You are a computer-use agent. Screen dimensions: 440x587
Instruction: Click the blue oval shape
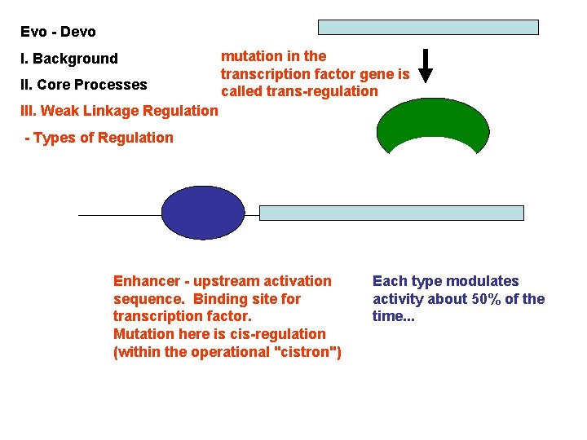coord(203,213)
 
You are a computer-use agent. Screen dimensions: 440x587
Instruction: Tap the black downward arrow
coord(426,66)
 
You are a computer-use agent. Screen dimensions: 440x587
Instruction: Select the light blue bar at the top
coord(428,27)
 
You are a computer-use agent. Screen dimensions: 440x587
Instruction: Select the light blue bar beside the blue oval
coord(391,213)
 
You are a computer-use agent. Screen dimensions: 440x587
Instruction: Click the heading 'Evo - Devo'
coord(58,32)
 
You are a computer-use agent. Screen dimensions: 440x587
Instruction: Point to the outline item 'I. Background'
coord(69,59)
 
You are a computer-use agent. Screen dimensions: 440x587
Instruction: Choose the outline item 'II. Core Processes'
coord(84,85)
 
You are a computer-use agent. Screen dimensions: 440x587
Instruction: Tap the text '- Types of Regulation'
coord(99,138)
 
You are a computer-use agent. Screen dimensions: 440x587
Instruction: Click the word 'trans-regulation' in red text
coord(320,91)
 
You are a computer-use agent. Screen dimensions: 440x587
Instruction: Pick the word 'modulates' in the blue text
coord(481,281)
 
